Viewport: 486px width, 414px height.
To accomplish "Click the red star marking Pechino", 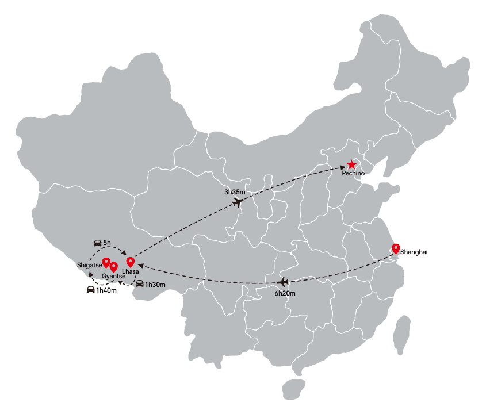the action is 351,164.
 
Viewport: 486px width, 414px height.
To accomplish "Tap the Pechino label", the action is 353,173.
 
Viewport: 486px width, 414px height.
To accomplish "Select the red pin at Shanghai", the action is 396,249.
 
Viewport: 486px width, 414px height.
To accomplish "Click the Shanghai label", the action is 414,252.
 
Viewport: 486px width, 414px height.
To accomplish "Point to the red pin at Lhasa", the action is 131,262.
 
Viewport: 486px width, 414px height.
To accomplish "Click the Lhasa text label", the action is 130,271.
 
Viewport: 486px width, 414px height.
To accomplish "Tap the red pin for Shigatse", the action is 106,263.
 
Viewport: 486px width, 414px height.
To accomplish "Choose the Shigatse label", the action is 89,265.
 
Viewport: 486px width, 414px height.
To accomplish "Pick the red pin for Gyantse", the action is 114,267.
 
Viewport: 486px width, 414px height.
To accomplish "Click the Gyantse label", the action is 113,276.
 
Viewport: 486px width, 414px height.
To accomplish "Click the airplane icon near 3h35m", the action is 238,202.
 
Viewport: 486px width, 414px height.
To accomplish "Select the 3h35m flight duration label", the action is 235,192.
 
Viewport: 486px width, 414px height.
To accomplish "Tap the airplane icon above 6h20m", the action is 283,282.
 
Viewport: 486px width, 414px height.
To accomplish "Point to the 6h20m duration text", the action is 285,293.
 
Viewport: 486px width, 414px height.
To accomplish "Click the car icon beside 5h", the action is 98,243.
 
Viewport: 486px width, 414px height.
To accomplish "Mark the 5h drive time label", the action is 107,243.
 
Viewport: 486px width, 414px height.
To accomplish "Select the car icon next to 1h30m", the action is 140,283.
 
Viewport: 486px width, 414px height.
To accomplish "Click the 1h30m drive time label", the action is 155,285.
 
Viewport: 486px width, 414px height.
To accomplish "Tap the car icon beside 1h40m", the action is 91,289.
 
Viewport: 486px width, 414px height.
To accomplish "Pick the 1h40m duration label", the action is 106,290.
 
